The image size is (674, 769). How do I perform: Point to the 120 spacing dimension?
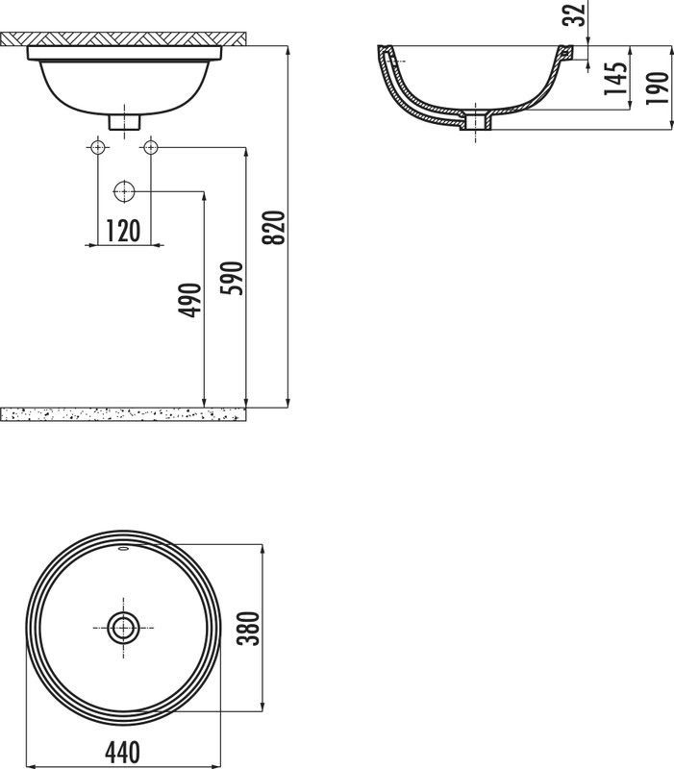123,231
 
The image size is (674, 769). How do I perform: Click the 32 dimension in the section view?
575,15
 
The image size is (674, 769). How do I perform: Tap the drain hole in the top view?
123,628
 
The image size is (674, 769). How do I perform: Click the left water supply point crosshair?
97,147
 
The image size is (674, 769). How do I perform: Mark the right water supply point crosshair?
150,147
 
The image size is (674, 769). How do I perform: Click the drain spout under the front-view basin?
124,122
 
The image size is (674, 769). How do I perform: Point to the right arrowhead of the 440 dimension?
259,766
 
